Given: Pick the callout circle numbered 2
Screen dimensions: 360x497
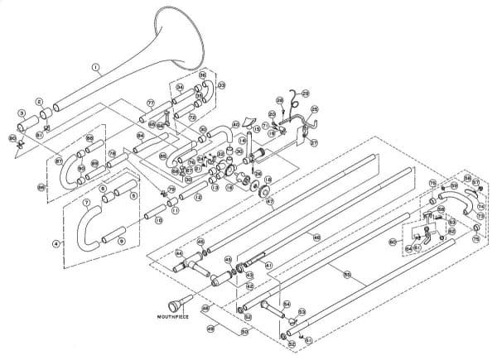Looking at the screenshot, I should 38,102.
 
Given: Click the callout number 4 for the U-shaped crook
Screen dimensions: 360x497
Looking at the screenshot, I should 55,243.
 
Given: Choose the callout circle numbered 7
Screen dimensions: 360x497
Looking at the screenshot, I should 87,202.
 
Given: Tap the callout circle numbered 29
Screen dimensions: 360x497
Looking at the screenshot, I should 306,94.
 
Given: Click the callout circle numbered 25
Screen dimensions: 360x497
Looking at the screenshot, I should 314,109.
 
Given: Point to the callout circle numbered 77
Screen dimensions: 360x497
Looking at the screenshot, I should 151,102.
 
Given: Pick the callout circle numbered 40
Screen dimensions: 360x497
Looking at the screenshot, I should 235,125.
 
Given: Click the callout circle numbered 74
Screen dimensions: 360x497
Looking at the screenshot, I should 482,204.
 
